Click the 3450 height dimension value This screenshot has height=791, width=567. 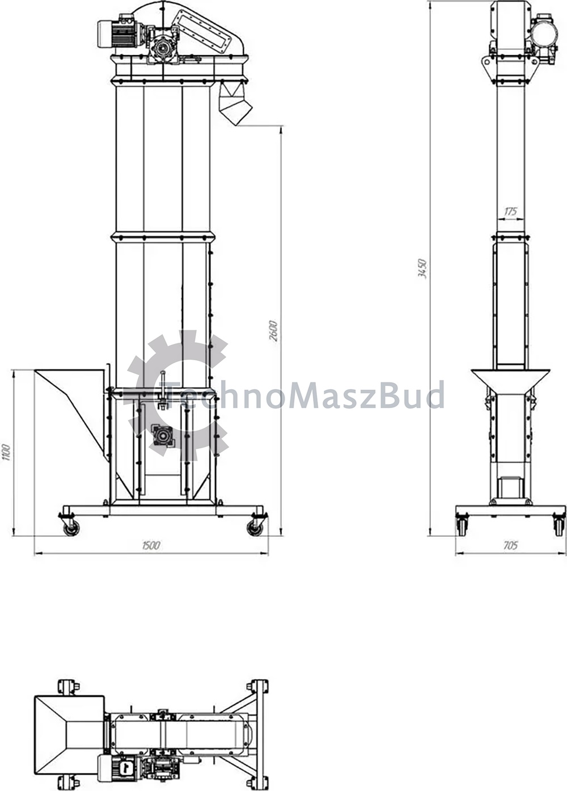(422, 269)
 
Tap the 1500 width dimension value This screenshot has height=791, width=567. (151, 545)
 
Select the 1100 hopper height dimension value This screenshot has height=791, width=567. (6, 452)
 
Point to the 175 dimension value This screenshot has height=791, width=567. (510, 211)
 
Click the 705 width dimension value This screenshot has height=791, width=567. (510, 545)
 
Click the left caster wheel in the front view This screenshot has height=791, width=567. (71, 529)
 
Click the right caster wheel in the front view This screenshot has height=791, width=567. (255, 528)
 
